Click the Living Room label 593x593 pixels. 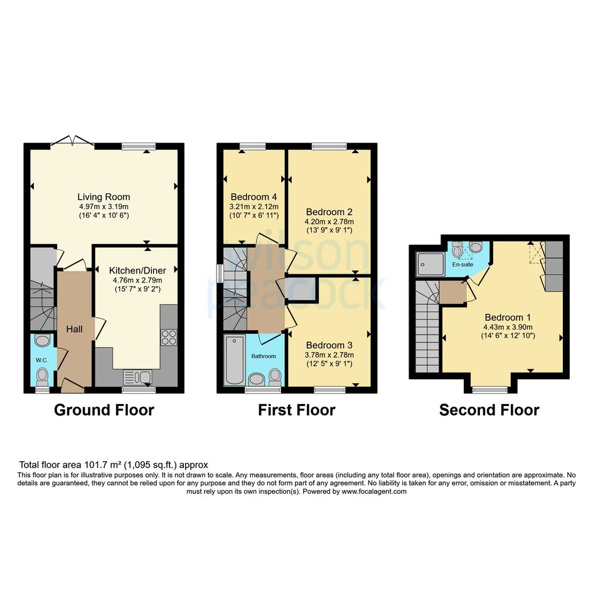click(104, 197)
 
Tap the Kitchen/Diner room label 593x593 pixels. click(137, 270)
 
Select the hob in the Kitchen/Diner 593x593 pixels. click(169, 338)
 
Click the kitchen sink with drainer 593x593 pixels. click(137, 377)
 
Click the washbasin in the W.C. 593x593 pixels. click(43, 340)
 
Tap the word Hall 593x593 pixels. click(74, 329)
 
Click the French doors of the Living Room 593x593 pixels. click(73, 141)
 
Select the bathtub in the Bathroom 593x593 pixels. click(235, 360)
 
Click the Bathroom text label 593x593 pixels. click(264, 356)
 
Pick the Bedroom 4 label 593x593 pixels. click(254, 197)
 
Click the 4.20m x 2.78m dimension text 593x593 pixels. click(329, 222)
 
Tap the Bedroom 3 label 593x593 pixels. click(329, 345)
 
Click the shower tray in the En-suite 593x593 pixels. click(430, 264)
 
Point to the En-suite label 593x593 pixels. click(462, 264)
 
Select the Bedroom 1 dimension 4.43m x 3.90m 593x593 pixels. click(508, 328)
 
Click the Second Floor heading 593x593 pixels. click(489, 410)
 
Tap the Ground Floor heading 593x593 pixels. click(104, 410)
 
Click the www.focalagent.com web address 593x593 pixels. click(374, 491)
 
